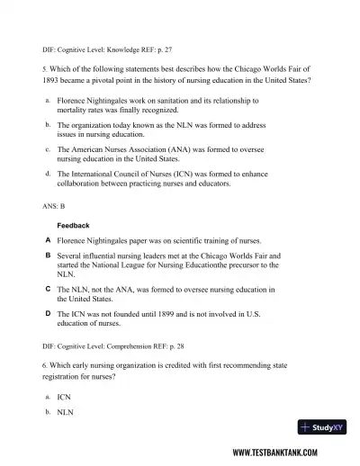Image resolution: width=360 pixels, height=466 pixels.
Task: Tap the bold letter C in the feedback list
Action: [47, 289]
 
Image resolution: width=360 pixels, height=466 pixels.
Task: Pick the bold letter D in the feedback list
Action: [47, 313]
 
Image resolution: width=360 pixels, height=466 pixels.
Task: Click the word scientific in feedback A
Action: [167, 241]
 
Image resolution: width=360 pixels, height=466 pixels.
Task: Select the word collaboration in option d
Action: [80, 184]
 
